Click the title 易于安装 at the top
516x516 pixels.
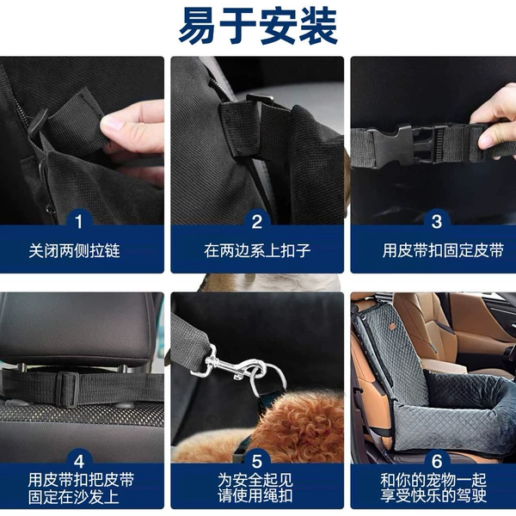[258, 27]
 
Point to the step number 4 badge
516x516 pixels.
[79, 461]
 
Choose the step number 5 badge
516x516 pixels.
[257, 461]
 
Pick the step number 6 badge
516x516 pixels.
[437, 461]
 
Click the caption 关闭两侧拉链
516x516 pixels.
[74, 251]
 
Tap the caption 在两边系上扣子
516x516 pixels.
[257, 251]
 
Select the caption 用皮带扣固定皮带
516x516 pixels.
[443, 251]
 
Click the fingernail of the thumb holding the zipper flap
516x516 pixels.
[112, 123]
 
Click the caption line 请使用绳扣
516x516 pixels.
[255, 496]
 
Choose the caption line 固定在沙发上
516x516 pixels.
[73, 497]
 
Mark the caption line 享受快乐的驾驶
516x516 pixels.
[433, 496]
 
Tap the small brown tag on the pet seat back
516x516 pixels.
[392, 327]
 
